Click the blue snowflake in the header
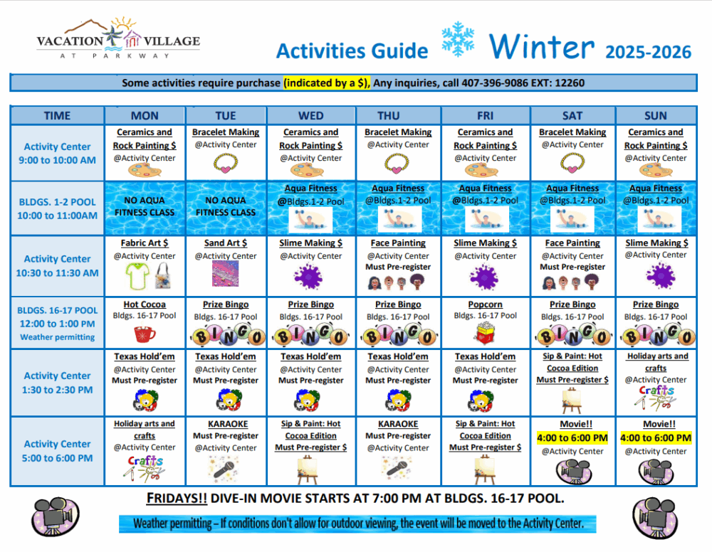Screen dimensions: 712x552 [x=458, y=39]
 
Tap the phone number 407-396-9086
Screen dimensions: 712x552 [x=495, y=83]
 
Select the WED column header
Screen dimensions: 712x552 [x=311, y=116]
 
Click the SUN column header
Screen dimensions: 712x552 [x=656, y=116]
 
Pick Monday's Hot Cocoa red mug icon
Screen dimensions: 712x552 [x=145, y=334]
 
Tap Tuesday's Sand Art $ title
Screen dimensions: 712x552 [x=226, y=243]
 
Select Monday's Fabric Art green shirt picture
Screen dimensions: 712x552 [x=137, y=276]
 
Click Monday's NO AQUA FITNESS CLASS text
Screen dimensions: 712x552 [x=145, y=206]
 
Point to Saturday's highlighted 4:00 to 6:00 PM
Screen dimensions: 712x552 [x=572, y=437]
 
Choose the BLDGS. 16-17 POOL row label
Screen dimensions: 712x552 [x=57, y=311]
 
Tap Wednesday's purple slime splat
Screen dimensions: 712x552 [x=308, y=277]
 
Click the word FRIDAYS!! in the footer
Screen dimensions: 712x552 [x=177, y=499]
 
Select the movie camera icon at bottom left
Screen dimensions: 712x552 [x=56, y=517]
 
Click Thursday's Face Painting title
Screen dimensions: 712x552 [x=398, y=243]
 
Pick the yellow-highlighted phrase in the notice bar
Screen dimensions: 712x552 [x=327, y=83]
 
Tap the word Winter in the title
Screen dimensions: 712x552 [x=541, y=47]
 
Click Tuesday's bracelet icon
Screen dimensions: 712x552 [x=226, y=164]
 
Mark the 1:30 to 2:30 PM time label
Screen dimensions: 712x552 [x=57, y=390]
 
